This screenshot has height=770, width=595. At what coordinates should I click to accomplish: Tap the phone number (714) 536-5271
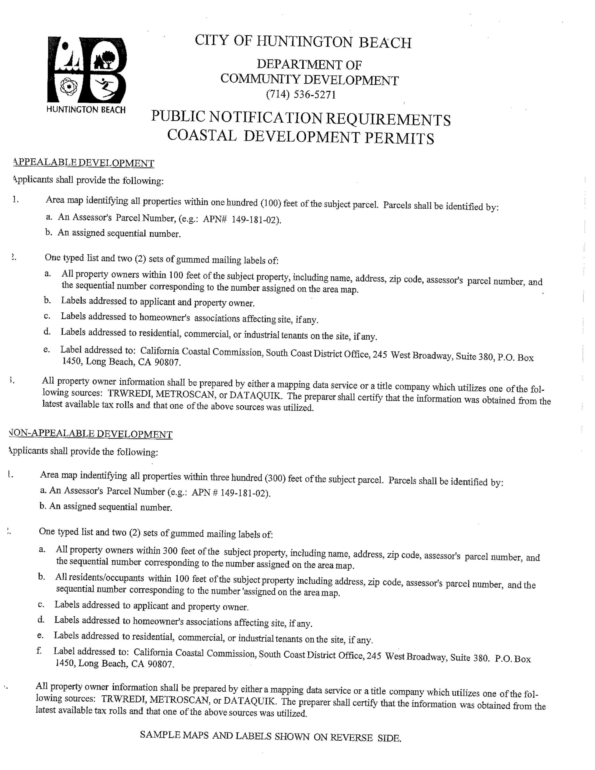(x=301, y=94)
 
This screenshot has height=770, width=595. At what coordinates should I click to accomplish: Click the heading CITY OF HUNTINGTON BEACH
(x=303, y=42)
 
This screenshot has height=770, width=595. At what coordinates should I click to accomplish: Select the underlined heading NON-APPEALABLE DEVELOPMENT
(x=91, y=434)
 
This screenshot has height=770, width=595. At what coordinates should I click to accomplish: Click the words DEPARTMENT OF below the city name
(x=309, y=65)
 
